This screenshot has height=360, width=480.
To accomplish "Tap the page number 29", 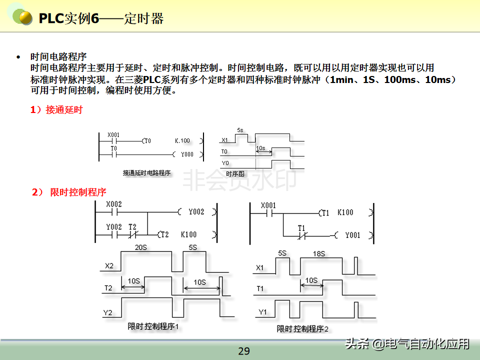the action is click(243, 351).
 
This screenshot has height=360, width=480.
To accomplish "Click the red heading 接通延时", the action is click(63, 110).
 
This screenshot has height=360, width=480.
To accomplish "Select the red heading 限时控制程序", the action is click(78, 192).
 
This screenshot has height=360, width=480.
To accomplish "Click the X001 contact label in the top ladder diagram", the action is click(113, 135).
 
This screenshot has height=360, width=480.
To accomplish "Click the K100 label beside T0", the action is click(182, 141).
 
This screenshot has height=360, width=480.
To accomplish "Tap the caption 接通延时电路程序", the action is click(146, 173).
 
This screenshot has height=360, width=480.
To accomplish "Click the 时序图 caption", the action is click(234, 173).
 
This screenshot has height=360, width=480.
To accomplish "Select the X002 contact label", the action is click(114, 204).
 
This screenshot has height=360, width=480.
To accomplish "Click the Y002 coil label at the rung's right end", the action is click(196, 212).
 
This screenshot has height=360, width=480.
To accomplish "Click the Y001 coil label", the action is click(352, 235).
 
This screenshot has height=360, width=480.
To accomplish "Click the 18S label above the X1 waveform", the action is click(318, 254).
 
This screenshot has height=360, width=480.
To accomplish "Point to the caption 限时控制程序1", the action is click(153, 326).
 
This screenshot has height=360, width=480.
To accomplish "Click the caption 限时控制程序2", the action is click(302, 328).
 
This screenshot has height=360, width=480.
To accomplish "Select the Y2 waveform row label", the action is click(108, 313).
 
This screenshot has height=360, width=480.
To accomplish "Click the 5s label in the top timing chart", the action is click(240, 130).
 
